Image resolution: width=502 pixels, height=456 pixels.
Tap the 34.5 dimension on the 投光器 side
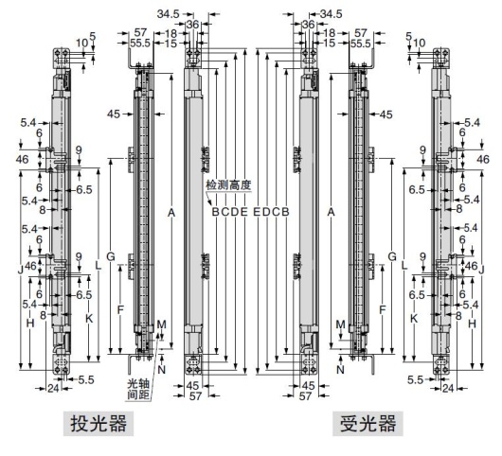click(x=169, y=14)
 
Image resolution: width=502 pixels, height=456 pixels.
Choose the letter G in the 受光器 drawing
click(x=391, y=256)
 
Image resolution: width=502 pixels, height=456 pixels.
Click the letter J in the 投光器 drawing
click(x=20, y=269)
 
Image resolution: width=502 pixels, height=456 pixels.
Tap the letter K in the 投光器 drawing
click(x=89, y=319)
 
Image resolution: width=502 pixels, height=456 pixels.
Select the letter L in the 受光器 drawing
click(x=404, y=269)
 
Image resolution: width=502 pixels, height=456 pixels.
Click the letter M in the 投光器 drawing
click(x=161, y=324)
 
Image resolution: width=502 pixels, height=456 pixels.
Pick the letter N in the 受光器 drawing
click(x=340, y=369)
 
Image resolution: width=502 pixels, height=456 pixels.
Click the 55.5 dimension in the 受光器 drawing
click(x=360, y=44)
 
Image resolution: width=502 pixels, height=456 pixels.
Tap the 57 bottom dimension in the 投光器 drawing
click(x=193, y=397)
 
